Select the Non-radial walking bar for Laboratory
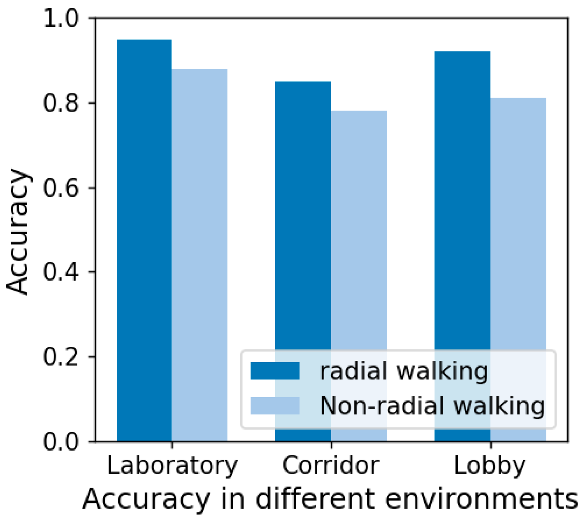point(200,255)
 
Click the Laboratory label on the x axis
point(172,465)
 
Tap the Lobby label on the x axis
point(490,465)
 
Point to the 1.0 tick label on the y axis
point(60,19)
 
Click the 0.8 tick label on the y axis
point(60,103)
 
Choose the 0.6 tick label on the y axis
point(60,188)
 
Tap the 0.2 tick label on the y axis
point(60,357)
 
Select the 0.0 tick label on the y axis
point(60,442)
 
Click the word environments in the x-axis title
point(481,499)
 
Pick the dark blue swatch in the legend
point(275,371)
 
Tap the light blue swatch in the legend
point(275,406)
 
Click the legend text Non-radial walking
point(432,406)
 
